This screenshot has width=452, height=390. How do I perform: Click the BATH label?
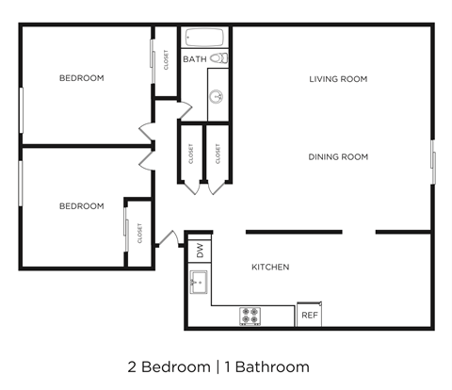(195, 59)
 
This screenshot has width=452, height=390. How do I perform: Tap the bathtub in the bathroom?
(205, 39)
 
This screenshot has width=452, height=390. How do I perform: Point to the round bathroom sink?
(217, 94)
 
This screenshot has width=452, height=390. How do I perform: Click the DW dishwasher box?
(200, 251)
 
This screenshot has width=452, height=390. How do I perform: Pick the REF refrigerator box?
(309, 316)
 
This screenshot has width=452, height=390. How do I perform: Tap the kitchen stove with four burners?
(250, 316)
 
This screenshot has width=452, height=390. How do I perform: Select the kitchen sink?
(199, 281)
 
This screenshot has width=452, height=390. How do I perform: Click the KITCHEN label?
(270, 268)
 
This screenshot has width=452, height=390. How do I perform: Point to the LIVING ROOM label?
(338, 79)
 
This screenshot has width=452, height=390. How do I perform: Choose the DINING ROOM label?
(338, 156)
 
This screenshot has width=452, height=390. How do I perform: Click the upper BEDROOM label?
(81, 78)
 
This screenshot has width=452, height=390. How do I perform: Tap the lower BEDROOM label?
(81, 206)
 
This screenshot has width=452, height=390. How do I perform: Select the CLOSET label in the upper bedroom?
(167, 60)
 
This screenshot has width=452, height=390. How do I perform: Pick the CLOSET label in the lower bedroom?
(139, 233)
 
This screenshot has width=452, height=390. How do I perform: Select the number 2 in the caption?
(131, 366)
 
